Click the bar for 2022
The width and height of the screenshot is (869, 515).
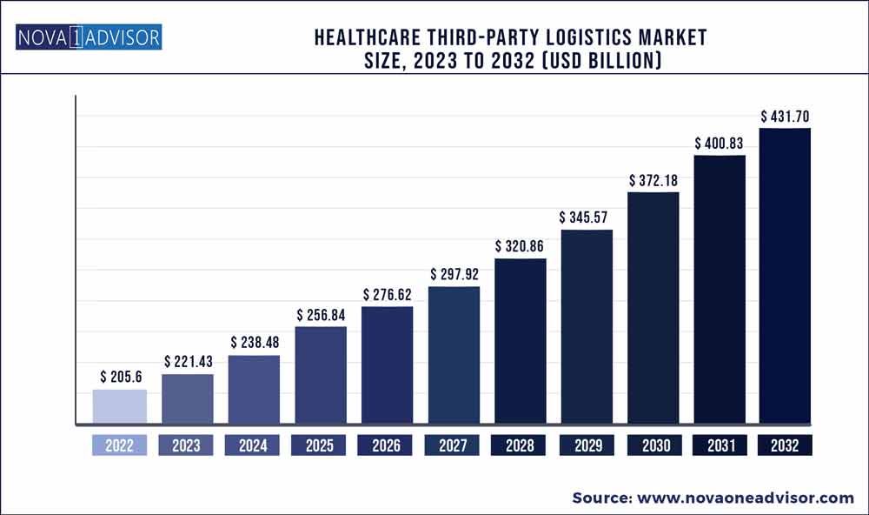pos(120,406)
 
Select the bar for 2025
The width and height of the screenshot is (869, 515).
pos(321,375)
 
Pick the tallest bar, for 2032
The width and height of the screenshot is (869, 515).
pos(785,276)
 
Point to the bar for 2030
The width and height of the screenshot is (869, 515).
pos(653,308)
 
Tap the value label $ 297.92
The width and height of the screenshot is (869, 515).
pos(454,274)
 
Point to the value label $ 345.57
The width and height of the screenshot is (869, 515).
pos(587,217)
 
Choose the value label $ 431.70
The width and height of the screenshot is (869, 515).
pos(786,116)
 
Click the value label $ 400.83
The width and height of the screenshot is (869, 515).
pos(720,142)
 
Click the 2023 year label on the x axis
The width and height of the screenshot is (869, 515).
pos(186,445)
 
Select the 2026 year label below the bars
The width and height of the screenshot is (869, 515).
pos(387,445)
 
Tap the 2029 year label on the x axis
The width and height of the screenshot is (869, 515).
pos(587,445)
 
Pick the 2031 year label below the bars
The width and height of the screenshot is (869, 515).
pos(720,445)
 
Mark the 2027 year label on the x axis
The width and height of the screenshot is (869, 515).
pos(454,445)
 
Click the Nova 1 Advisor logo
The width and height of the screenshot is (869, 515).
pos(88,38)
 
